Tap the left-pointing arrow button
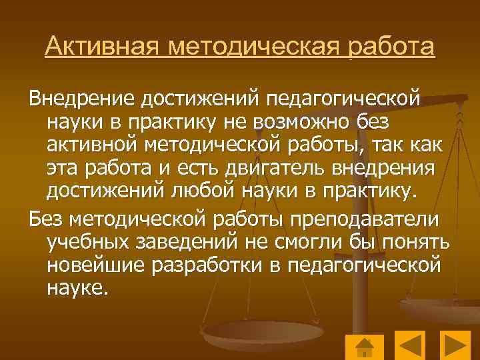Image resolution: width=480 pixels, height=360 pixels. [x=410, y=347]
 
